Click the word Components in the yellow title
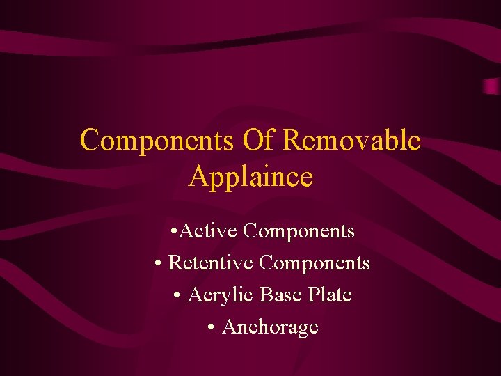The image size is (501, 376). (157, 141)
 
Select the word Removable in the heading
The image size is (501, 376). (352, 141)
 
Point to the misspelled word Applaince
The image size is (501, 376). (250, 177)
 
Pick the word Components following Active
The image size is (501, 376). (299, 230)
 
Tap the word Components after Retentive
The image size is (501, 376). (315, 263)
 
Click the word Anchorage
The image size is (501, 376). (269, 327)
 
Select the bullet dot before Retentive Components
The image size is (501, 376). (159, 264)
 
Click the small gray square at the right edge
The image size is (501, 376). (493, 86)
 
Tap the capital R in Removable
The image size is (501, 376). (292, 141)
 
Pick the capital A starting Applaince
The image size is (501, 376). (198, 177)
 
